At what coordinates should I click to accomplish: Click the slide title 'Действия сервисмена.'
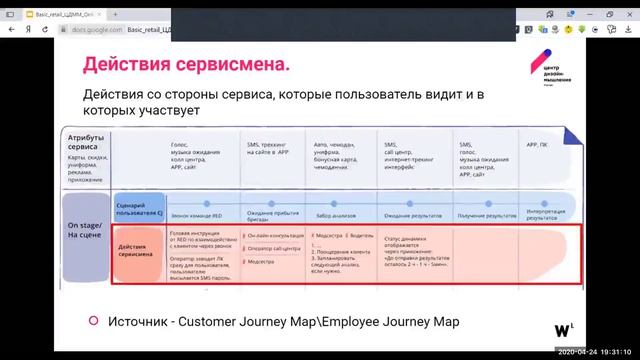[x=187, y=66]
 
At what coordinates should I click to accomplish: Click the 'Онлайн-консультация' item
[x=274, y=235]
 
